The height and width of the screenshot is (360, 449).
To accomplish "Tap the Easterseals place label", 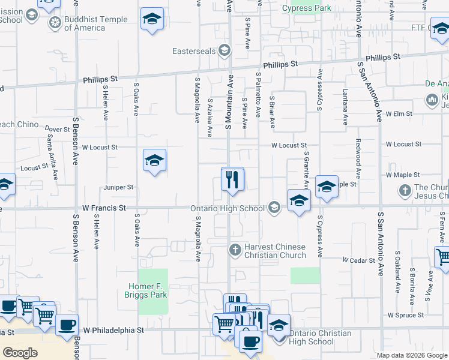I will pyautogui.click(x=194, y=51).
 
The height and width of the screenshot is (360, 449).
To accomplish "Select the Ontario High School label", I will pyautogui.click(x=228, y=209).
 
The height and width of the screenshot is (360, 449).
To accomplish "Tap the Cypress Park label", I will pyautogui.click(x=307, y=9).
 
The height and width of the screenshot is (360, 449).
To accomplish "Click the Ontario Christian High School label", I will pyautogui.click(x=312, y=337).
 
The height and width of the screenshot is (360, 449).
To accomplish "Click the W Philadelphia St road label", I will pyautogui.click(x=113, y=330).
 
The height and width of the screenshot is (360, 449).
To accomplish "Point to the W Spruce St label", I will pyautogui.click(x=406, y=314).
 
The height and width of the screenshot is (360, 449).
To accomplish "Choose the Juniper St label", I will pyautogui.click(x=118, y=187).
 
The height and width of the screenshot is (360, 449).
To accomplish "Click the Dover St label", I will pyautogui.click(x=58, y=129).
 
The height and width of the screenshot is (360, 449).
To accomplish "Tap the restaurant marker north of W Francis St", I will pyautogui.click(x=232, y=179).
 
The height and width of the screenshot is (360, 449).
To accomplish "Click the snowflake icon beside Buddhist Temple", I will pyautogui.click(x=55, y=23).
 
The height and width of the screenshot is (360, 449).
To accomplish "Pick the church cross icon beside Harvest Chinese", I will pyautogui.click(x=236, y=249).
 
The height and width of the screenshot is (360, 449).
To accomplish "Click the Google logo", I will pyautogui.click(x=20, y=353).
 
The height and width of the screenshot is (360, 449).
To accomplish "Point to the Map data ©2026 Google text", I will pyautogui.click(x=412, y=355).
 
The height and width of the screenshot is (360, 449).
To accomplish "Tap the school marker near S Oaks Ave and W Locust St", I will pyautogui.click(x=154, y=160).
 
